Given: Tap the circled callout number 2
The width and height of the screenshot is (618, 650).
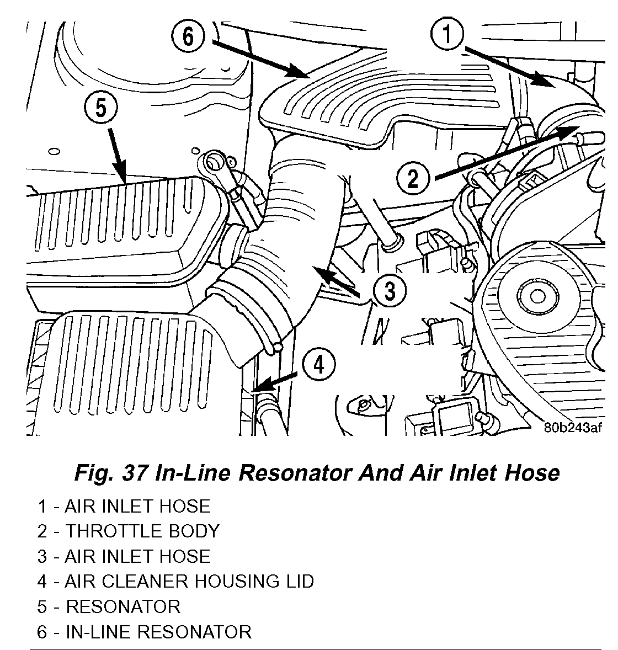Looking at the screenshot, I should coord(413,178).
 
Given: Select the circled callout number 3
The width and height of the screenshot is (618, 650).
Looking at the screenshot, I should coord(389,289).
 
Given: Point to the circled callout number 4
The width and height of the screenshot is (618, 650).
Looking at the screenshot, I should coord(318,365).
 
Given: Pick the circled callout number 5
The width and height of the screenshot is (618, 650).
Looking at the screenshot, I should coord(101,108).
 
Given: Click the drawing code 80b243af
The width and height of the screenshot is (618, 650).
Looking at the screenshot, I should coord(572,428).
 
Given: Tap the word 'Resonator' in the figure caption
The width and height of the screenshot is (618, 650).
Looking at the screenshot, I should coord(290,473).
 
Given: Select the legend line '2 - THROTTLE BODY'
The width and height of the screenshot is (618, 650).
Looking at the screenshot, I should coord(129,531).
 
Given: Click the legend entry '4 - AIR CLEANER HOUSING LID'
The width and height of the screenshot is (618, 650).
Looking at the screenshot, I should coord(175,581).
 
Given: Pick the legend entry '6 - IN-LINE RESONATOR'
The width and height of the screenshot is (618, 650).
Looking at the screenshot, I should coord(144,631).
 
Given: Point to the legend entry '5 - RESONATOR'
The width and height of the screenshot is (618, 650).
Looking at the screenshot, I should coord(109,606).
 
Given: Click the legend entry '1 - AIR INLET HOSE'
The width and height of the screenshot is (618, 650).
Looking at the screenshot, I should coord(124,506).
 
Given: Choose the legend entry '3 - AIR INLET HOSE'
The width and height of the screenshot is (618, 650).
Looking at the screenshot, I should coord(124,556).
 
